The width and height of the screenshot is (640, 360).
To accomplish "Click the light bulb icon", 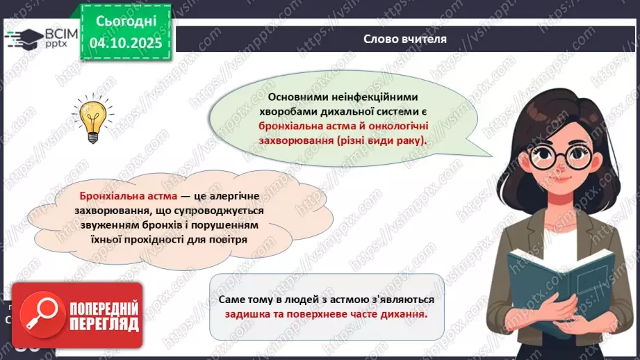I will pos(92,119).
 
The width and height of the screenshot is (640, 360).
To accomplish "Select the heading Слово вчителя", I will pos(405,38).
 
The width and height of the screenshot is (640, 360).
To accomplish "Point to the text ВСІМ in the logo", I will pos(54,31).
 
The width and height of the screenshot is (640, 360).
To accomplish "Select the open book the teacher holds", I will pos(561,276).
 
